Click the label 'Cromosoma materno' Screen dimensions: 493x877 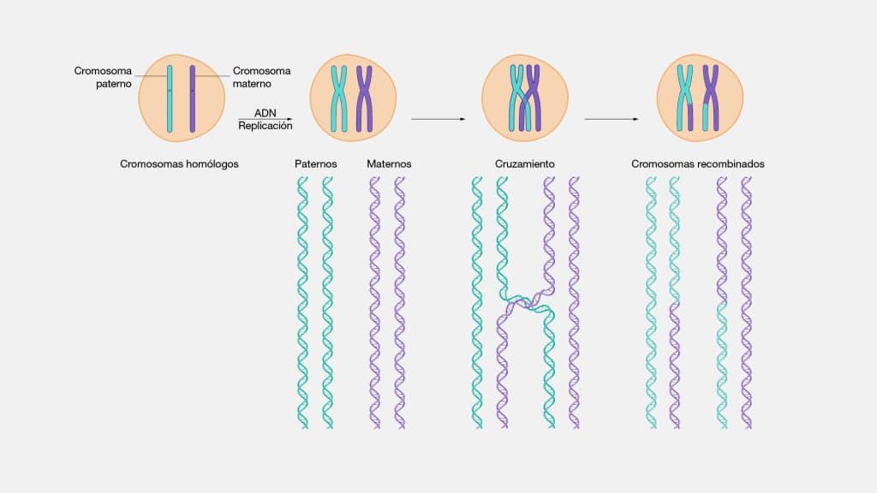262,77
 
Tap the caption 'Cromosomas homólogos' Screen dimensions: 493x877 179,163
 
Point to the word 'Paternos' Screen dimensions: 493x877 316,163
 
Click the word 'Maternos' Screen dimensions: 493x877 389,163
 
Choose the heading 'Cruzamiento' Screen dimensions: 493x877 525,163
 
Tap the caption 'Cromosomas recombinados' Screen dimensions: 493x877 698,163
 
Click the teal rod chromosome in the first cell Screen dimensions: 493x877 170,99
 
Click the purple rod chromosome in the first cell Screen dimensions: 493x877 193,99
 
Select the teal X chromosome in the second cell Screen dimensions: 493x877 340,98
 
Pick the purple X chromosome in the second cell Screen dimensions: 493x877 365,98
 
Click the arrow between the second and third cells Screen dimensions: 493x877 438,119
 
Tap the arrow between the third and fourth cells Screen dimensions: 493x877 612,119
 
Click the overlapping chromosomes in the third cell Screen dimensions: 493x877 524,98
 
